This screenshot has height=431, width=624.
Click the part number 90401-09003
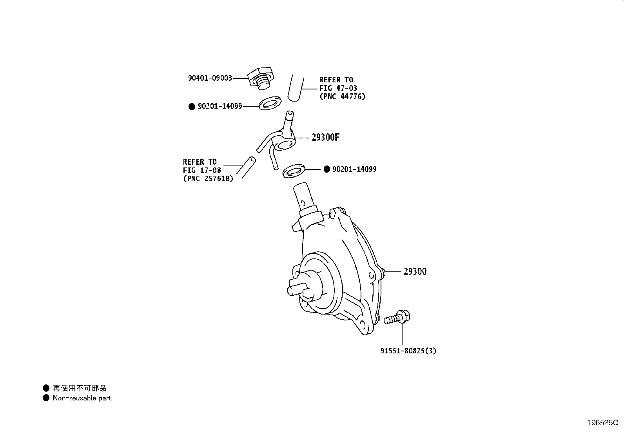click(x=210, y=78)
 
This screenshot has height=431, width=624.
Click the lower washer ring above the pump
click(x=294, y=171)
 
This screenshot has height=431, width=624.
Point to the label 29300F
click(x=325, y=137)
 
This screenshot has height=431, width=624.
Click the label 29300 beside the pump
click(x=415, y=271)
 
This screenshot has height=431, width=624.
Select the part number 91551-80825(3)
click(x=408, y=351)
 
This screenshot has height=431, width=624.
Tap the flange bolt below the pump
click(x=397, y=317)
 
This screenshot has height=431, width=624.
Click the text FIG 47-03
click(x=338, y=88)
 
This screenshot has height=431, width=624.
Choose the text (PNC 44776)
click(x=342, y=96)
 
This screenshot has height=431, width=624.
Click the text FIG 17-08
click(x=202, y=170)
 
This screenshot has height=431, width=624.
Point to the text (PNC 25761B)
click(x=208, y=178)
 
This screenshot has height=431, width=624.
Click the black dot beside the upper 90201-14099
click(x=192, y=107)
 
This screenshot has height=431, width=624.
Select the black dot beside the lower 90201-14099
click(x=327, y=169)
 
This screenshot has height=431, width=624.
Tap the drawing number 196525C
click(x=603, y=423)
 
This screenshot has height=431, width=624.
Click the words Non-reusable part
click(x=82, y=398)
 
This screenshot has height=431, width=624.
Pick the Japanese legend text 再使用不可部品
click(x=80, y=388)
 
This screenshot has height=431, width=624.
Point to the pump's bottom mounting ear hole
click(x=363, y=324)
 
